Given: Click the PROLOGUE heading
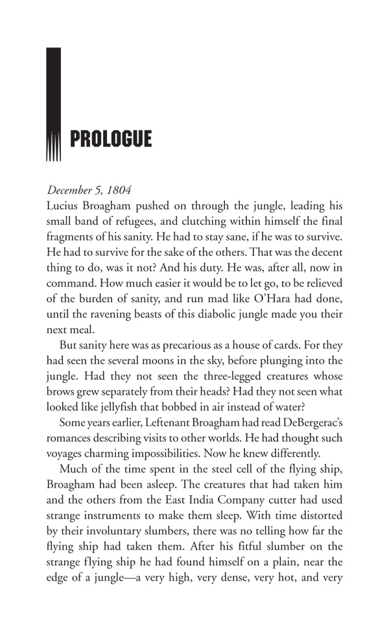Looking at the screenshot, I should (x=110, y=139).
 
